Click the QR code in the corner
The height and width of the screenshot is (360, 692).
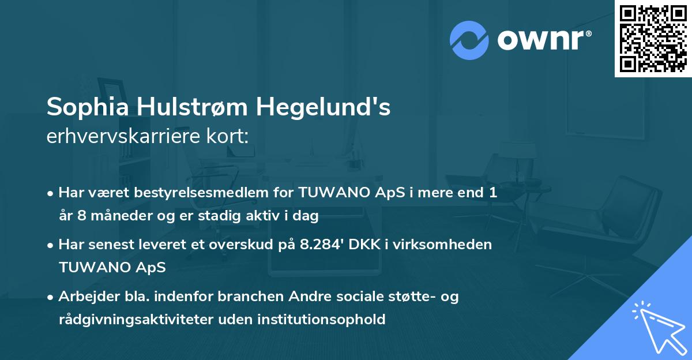[653, 38]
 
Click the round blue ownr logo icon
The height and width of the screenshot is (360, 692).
[469, 40]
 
